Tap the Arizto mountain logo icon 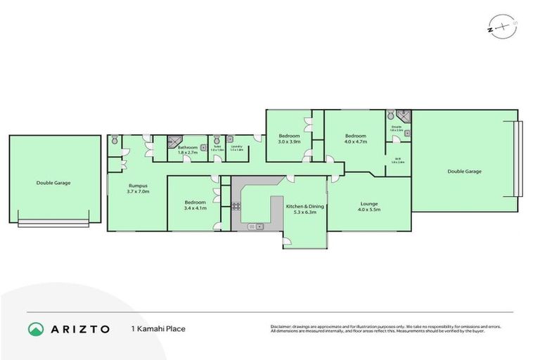point(36,329)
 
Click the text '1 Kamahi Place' point(158,329)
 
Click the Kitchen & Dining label point(306,206)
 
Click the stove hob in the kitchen point(236,206)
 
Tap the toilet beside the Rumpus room point(114,141)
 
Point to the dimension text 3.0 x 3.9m point(288,142)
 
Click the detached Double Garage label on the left point(53,183)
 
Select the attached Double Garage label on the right point(464,171)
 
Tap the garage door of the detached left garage point(53,224)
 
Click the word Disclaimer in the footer point(282,326)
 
